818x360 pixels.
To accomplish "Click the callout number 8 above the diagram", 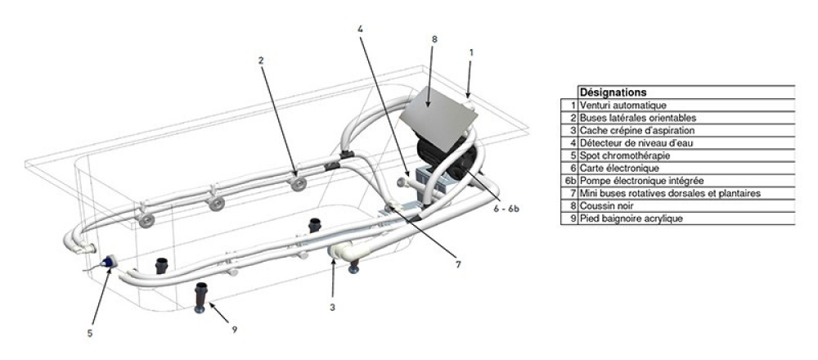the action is point(434,38).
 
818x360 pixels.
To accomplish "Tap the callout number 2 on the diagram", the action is point(261,60).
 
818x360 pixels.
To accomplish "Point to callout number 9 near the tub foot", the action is point(235,329).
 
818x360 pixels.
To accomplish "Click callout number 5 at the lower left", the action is point(90,333).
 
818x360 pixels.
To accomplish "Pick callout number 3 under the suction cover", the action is point(332,308).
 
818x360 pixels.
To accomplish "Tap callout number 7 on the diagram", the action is point(458,264).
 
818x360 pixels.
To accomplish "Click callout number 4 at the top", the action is point(360,28).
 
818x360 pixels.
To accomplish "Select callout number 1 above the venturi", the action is point(471,52).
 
